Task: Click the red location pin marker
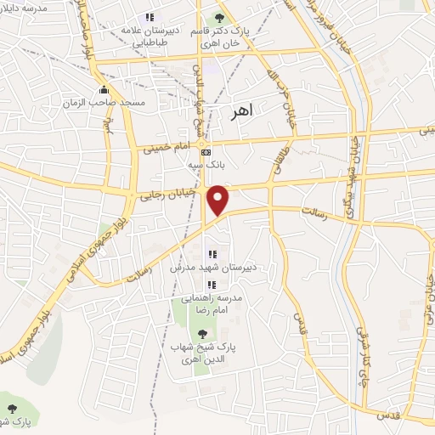[218, 200]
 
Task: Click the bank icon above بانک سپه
[205, 152]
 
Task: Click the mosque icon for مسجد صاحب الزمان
[104, 90]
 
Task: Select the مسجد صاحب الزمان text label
[105, 103]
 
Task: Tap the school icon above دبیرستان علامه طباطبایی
[150, 17]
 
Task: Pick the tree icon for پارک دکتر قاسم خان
[220, 17]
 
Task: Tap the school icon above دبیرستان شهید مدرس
[211, 253]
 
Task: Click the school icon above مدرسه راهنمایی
[211, 285]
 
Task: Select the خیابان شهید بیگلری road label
[350, 161]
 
